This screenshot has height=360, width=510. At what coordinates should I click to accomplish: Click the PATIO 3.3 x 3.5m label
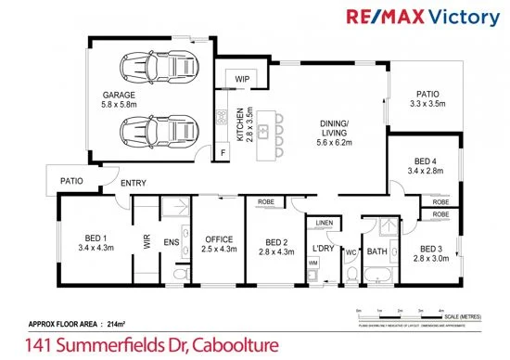427,99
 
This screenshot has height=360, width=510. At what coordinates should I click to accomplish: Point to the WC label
351,251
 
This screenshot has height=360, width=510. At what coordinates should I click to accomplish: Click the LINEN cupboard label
323,224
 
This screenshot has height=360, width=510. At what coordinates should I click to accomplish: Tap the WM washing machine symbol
312,264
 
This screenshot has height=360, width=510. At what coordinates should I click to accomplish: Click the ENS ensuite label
171,243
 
